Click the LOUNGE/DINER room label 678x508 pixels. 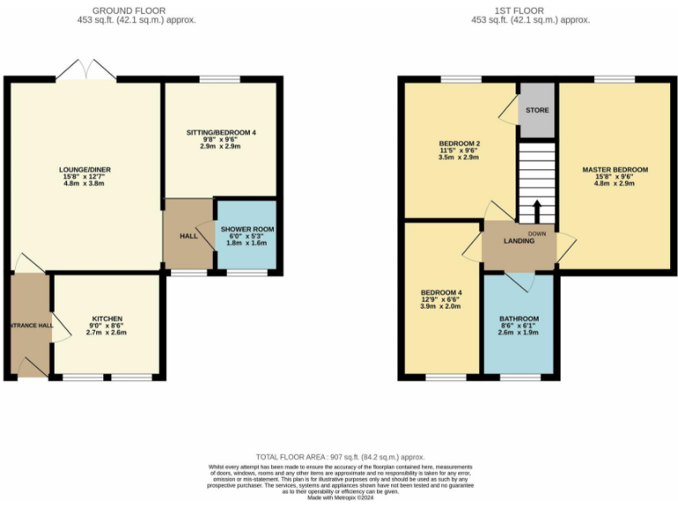point(86,169)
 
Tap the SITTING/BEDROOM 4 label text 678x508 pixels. point(221,132)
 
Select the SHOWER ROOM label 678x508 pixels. point(247,229)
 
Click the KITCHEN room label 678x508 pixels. point(107,318)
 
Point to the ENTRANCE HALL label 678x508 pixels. point(32,325)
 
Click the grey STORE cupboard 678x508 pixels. point(537,110)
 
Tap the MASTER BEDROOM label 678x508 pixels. point(614,169)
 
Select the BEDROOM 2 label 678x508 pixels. point(459,144)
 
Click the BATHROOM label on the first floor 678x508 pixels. point(518,318)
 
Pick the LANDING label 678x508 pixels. point(519,241)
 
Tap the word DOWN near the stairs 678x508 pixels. point(537,233)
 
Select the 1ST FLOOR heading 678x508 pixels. point(530,9)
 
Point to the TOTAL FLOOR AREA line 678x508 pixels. point(339,456)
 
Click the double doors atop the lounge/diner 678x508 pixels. point(86,71)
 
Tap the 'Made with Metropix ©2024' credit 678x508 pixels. point(339,498)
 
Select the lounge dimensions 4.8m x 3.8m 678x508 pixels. point(86,185)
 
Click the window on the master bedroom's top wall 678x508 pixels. point(614,79)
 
